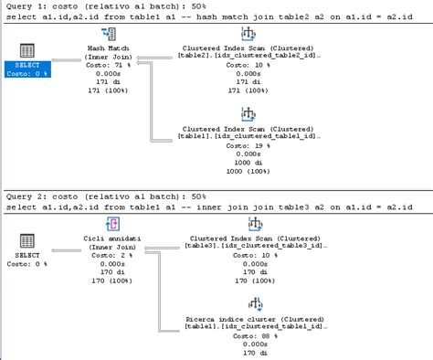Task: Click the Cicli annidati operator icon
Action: [114, 224]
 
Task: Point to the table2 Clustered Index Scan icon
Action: [247, 34]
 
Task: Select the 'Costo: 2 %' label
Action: [114, 256]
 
